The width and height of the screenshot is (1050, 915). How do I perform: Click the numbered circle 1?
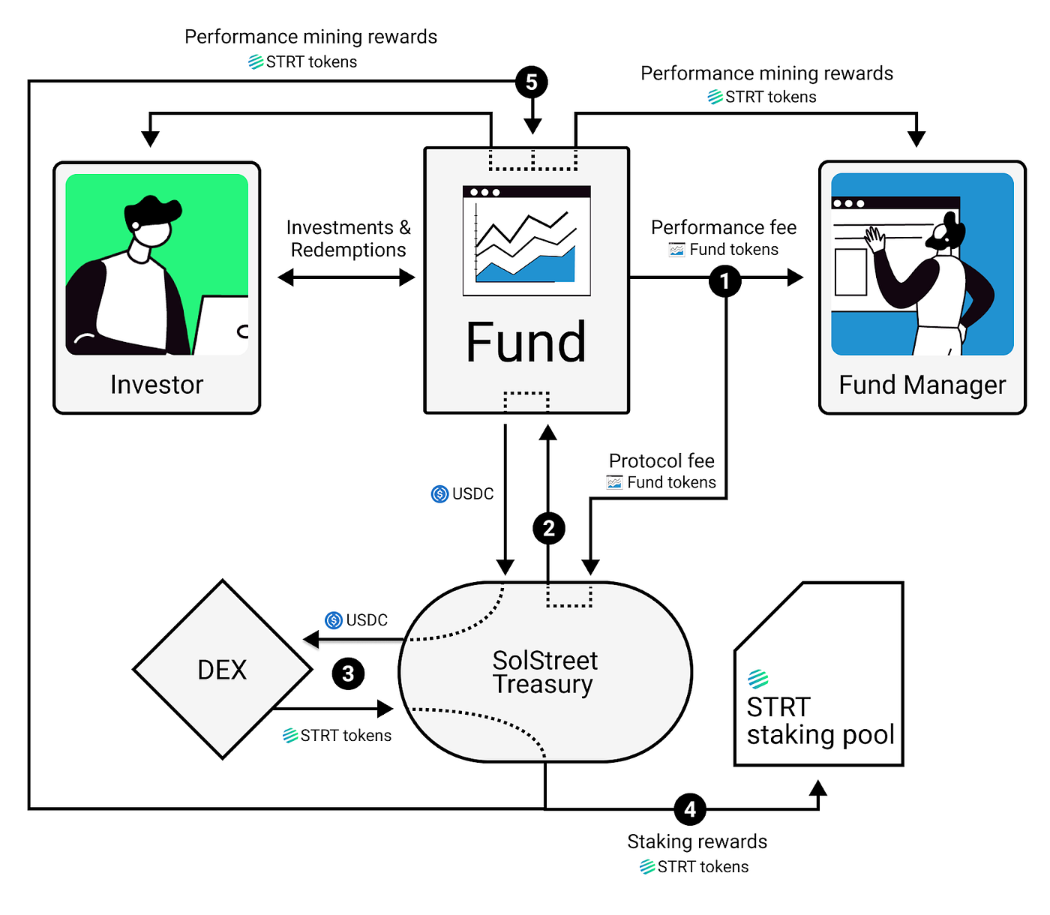click(724, 281)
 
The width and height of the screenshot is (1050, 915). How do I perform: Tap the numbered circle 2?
click(548, 529)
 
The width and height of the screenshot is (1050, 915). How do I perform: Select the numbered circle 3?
click(348, 673)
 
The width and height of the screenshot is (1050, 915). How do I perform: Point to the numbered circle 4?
click(690, 809)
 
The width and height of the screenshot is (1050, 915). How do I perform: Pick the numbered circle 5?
click(532, 82)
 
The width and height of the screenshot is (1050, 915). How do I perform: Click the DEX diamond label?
click(222, 670)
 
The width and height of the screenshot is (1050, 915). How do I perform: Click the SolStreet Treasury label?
click(544, 673)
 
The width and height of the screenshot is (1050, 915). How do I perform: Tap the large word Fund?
click(526, 343)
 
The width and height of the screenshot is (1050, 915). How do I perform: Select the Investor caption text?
click(157, 385)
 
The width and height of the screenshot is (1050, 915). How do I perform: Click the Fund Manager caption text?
click(922, 385)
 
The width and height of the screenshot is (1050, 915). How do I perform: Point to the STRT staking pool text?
click(820, 721)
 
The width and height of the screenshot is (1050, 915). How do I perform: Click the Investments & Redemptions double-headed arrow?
click(346, 277)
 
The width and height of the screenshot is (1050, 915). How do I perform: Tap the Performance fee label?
click(724, 227)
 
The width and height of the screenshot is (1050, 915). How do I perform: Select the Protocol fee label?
click(661, 460)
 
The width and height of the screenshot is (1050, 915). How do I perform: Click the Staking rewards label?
click(697, 841)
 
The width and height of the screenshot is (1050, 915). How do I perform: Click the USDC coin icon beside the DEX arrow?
click(334, 620)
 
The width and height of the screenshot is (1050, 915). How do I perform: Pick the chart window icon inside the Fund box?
click(526, 240)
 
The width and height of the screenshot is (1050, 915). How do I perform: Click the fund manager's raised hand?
click(874, 240)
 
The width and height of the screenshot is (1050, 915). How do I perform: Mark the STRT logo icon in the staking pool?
click(758, 679)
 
